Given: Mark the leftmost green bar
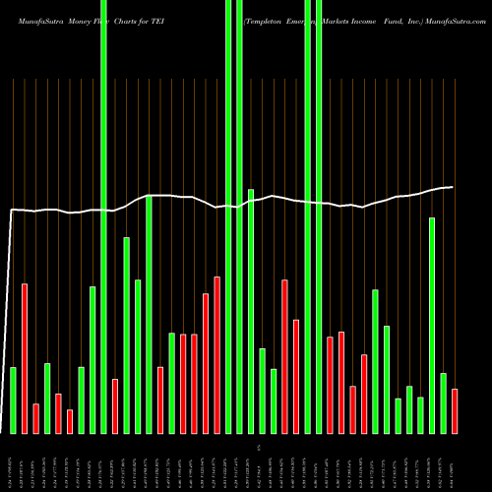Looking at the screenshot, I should click(14, 400).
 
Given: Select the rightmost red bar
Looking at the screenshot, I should click(455, 410).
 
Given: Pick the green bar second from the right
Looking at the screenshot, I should click(443, 402).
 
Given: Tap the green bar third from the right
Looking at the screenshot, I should click(432, 325).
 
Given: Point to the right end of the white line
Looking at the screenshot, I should click(453, 187).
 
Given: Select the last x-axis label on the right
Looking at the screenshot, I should click(455, 462).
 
